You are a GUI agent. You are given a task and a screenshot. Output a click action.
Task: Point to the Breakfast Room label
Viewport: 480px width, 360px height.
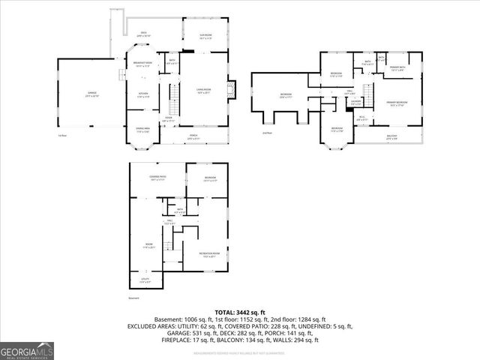pyautogui.click(x=142, y=64)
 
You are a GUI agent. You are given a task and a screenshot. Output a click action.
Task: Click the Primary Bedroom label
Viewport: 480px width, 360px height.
pyautogui.click(x=397, y=103)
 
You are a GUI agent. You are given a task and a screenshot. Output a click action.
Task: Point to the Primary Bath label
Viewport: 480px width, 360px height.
pyautogui.click(x=397, y=68)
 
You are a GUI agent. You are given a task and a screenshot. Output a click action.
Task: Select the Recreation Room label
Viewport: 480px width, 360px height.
pyautogui.click(x=209, y=254)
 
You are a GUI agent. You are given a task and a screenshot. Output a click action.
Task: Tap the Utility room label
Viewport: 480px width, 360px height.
pyautogui.click(x=145, y=280)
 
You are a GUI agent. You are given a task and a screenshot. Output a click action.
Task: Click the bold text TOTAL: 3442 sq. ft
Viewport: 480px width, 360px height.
pyautogui.click(x=240, y=312)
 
